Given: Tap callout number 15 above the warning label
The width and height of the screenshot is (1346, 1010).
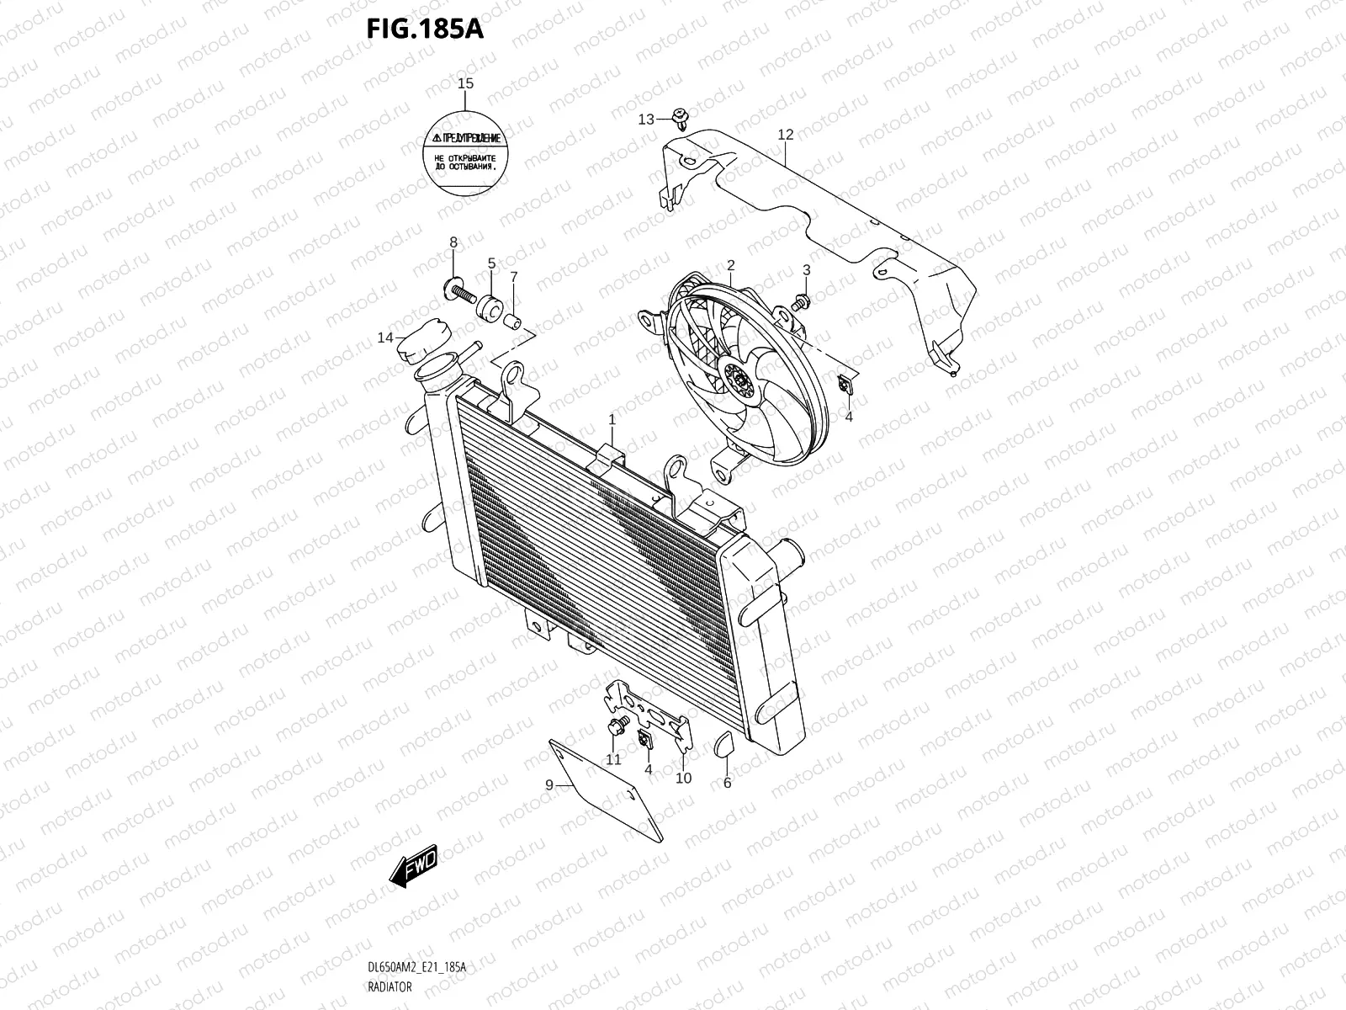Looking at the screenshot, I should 465,83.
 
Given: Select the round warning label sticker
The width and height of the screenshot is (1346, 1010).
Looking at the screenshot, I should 465,157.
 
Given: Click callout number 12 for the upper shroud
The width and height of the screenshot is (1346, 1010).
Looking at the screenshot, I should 786,135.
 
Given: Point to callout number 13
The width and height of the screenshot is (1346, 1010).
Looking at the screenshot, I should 646,120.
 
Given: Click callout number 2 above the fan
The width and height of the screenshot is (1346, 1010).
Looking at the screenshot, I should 730,265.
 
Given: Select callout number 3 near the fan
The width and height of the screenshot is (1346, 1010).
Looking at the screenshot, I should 806,270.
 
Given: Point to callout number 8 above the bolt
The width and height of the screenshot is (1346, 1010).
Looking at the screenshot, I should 453,242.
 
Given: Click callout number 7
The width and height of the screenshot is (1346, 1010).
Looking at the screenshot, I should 513,276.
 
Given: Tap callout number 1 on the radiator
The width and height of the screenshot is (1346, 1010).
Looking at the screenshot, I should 612,418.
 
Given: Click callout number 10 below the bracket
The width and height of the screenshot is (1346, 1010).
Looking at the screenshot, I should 683,778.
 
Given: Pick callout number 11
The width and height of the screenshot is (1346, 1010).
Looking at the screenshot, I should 614,759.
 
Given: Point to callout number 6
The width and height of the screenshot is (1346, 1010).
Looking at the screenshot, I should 727,783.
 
